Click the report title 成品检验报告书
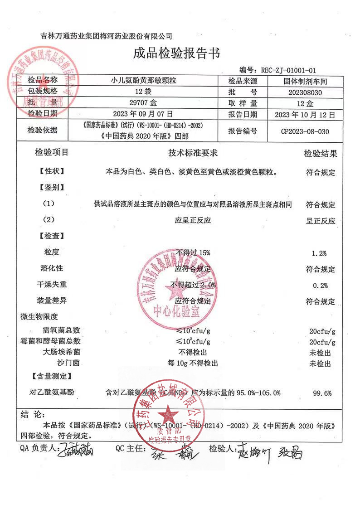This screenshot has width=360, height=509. (x=176, y=54)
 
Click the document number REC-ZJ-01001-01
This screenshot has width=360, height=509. (x=288, y=70)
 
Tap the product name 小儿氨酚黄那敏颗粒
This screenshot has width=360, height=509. (x=144, y=81)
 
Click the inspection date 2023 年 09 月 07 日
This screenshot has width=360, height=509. (x=144, y=114)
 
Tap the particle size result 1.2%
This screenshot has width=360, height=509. (x=320, y=253)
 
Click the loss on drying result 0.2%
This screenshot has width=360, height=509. (x=320, y=286)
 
